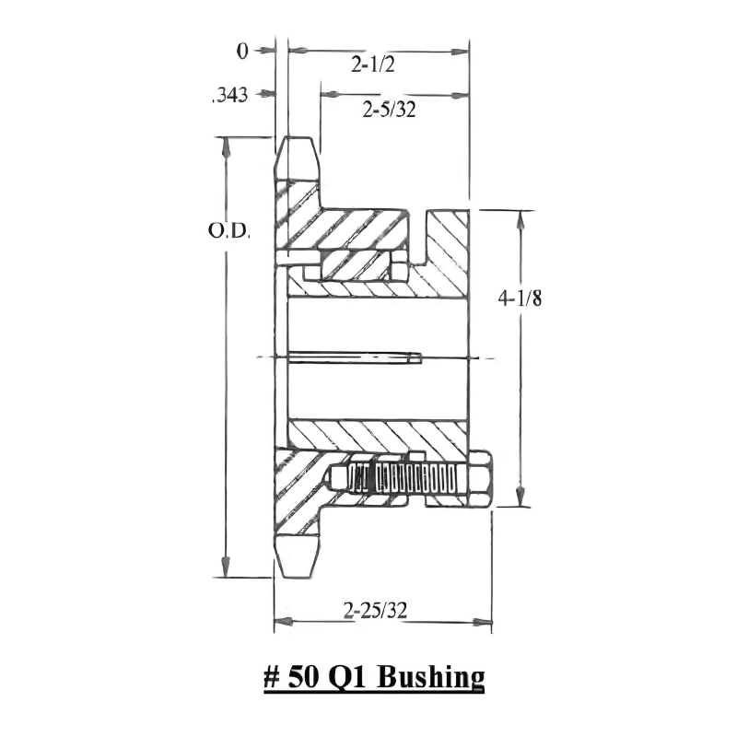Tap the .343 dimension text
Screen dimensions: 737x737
pos(230,94)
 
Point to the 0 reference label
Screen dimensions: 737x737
pos(242,53)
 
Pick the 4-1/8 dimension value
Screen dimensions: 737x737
pos(521,298)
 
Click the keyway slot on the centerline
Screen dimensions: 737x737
pos(355,357)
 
